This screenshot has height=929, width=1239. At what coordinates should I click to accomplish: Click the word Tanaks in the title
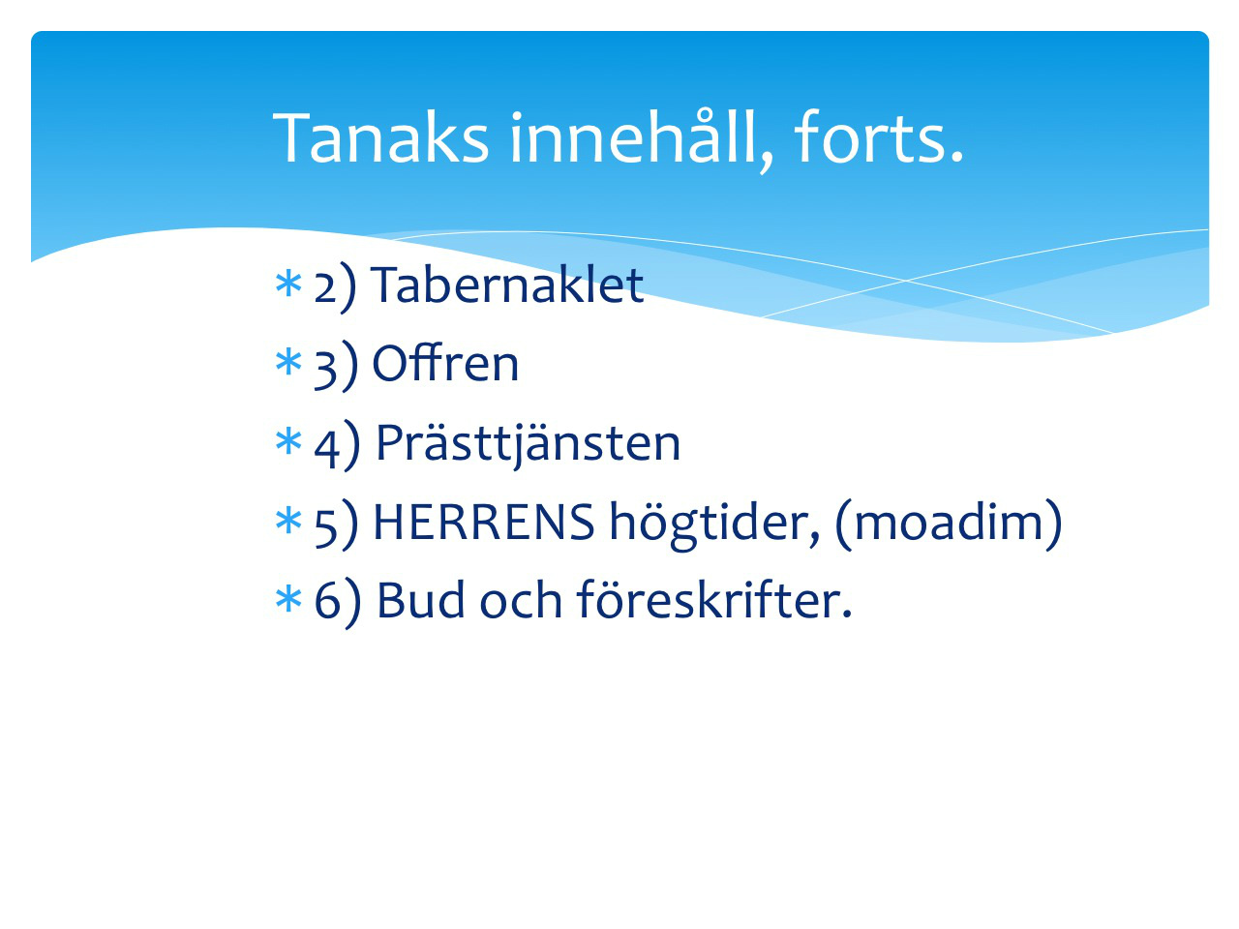click(380, 137)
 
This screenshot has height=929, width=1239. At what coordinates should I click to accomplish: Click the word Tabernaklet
click(507, 285)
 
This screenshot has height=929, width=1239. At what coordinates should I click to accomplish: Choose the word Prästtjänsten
click(529, 445)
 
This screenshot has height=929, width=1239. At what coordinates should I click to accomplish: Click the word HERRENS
click(484, 522)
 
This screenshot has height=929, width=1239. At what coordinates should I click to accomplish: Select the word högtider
click(714, 524)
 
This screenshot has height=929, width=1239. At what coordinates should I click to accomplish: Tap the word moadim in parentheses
click(949, 523)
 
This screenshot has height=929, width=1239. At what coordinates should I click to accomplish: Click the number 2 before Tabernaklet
click(325, 287)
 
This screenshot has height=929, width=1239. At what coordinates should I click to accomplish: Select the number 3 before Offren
click(325, 369)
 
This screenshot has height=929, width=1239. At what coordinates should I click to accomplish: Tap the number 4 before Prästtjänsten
click(326, 449)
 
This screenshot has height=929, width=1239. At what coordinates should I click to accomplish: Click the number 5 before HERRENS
click(325, 527)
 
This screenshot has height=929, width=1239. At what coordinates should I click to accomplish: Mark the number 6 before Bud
click(326, 601)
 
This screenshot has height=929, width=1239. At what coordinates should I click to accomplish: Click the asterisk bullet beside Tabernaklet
click(287, 284)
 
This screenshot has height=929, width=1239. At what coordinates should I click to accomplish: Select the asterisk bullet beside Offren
click(287, 363)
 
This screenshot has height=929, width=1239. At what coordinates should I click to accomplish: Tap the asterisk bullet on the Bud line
click(287, 600)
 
